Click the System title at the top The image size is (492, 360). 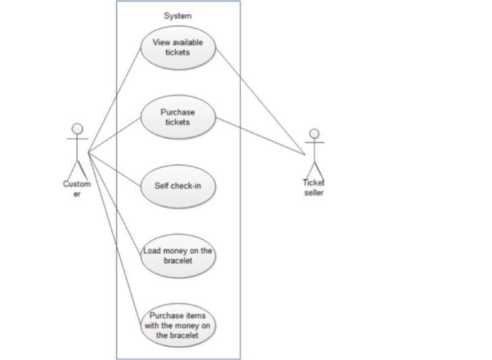pos(177,16)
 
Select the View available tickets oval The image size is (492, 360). pos(177,47)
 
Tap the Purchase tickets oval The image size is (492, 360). pos(177,117)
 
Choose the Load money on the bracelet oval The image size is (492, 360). pos(177,256)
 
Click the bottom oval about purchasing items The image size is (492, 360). pos(177,325)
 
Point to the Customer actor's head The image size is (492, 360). pos(77,129)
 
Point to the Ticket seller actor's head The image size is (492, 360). pos(313,133)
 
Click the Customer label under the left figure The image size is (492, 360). pos(76,189)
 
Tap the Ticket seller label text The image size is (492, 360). pos(313,187)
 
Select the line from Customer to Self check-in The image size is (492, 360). pos(115,168)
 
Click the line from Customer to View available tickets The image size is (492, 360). pos(115,99)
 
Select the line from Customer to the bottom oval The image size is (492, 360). pos(115,237)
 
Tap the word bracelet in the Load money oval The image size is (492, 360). pos(177,261)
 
